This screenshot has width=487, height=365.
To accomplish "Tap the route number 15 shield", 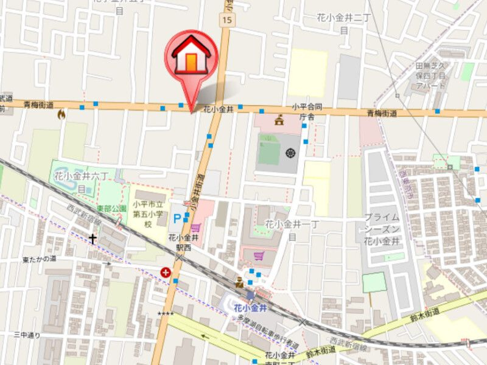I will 227,21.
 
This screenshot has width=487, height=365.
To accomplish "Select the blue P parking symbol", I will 177,217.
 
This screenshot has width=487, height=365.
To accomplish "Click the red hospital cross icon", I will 166,273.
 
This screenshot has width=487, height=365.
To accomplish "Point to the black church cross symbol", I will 93,238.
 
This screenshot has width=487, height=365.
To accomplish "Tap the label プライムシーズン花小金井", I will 382,229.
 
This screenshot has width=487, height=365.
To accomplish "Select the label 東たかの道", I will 40,259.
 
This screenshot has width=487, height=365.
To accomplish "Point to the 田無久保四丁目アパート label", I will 431,75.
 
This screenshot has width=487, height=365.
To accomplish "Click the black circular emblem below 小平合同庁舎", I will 290,152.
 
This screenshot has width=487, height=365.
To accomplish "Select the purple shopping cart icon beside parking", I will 195,227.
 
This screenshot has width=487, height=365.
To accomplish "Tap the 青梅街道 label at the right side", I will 382,113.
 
